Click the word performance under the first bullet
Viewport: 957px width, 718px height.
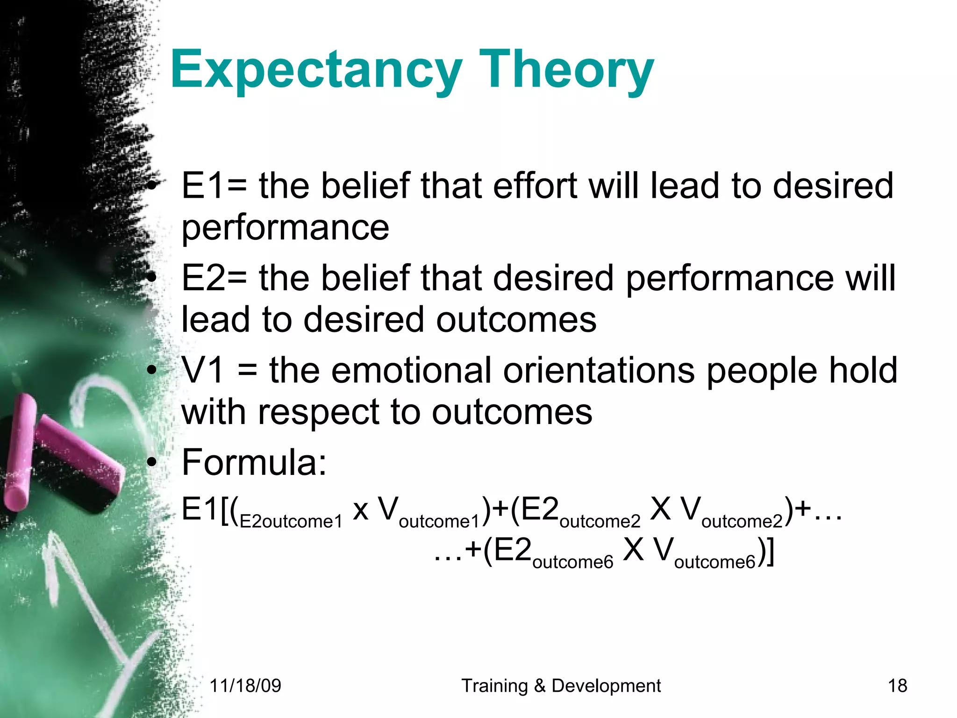pos(285,228)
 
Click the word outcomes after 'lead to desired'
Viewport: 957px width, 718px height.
pos(516,320)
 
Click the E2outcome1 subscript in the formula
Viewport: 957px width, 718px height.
pos(291,521)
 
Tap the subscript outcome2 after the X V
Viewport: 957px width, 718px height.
pos(742,521)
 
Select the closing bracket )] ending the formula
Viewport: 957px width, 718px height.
pos(766,552)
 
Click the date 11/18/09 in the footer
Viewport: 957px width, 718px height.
pos(245,686)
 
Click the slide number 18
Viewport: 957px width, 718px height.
pos(897,686)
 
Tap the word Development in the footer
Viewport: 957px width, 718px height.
pos(606,686)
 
